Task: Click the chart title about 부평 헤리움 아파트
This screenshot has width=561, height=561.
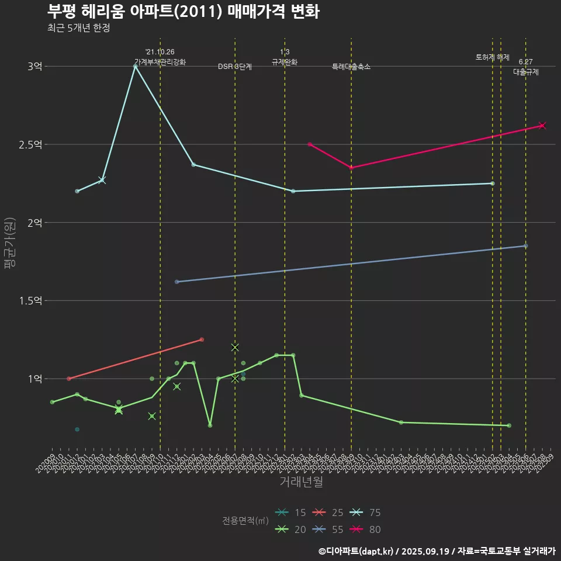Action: coord(183,12)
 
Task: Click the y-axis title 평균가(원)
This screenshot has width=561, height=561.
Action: coord(10,243)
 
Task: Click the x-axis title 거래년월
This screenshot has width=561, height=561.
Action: coord(301,482)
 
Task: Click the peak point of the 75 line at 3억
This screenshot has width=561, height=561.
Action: coord(135,67)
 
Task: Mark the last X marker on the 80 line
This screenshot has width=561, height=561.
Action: coord(542,126)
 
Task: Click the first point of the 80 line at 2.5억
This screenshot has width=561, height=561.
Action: coord(310,144)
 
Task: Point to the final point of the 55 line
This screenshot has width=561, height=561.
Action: coord(525,246)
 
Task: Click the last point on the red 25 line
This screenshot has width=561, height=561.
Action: coord(202,340)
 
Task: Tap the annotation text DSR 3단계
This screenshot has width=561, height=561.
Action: coord(235,67)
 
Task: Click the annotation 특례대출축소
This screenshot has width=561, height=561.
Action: coord(351,67)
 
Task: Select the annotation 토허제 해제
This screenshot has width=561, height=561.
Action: coord(493,57)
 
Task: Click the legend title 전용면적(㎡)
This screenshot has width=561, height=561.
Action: coord(245,521)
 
